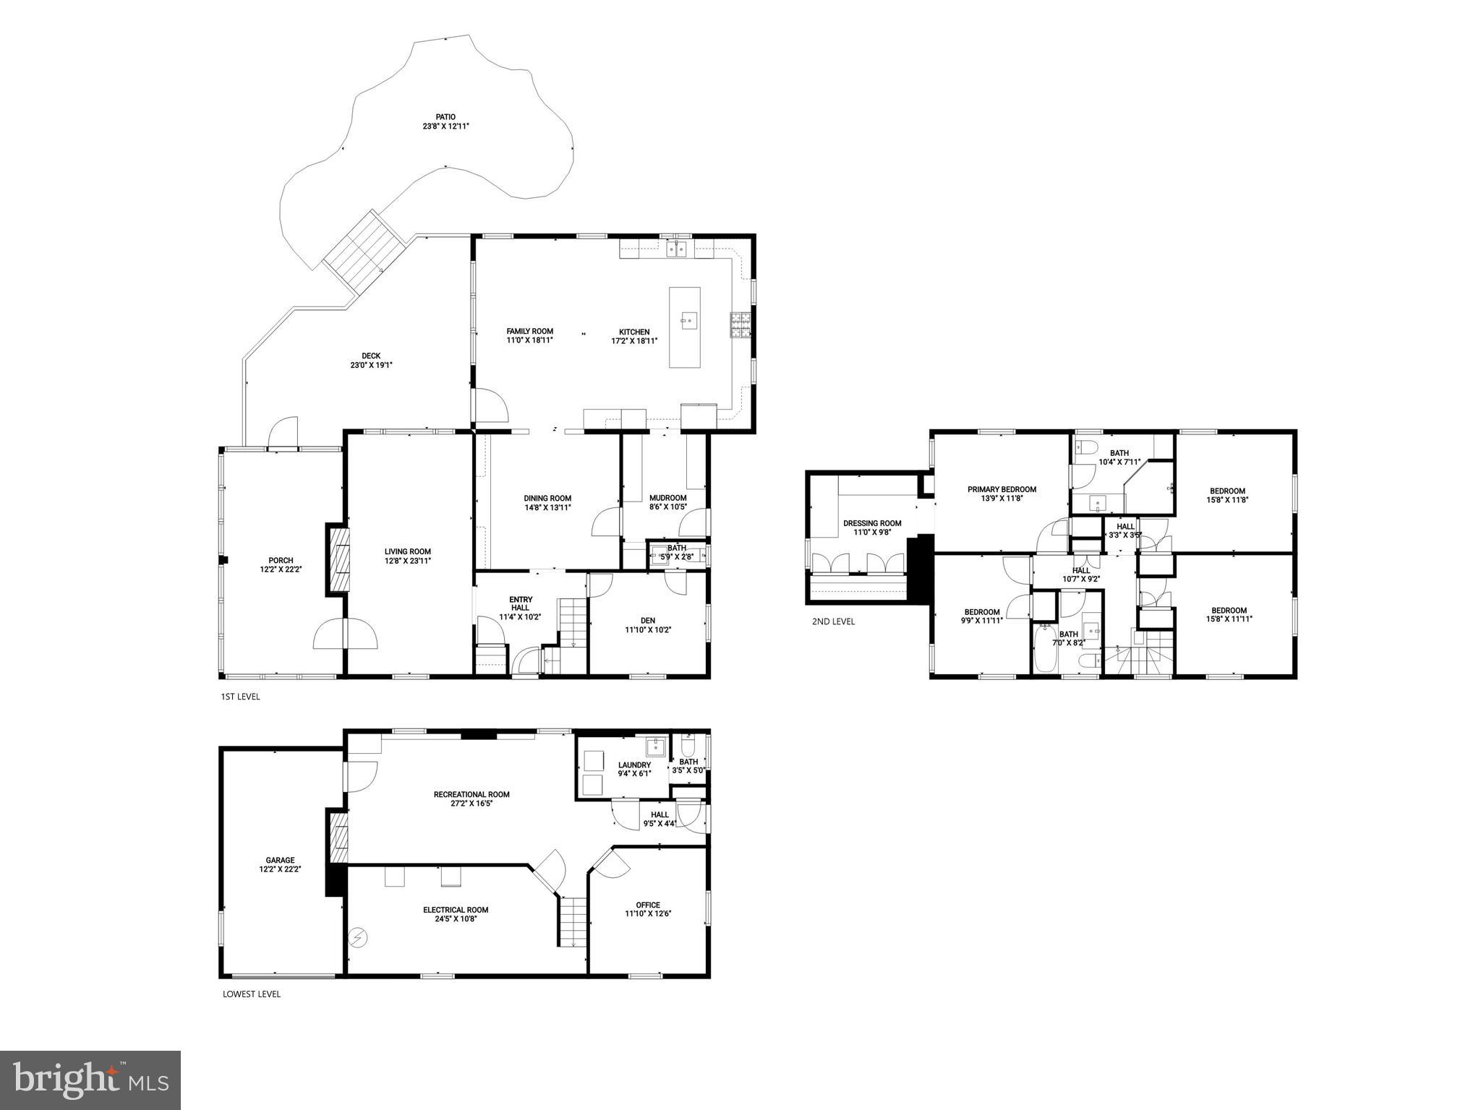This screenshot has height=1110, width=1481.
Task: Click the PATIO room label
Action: coord(445,116)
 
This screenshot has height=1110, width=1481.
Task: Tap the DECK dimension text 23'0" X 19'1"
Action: coord(371,365)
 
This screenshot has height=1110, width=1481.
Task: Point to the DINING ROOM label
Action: coord(547,498)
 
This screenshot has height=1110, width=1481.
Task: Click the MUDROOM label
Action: coord(667,498)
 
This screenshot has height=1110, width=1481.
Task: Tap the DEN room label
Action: coord(648,620)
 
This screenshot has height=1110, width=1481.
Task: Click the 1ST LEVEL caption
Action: coord(240,697)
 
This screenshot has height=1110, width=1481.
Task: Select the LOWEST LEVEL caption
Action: coord(252,994)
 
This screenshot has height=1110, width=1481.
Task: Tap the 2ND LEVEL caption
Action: coord(833,621)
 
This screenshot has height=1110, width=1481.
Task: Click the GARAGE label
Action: coord(280,860)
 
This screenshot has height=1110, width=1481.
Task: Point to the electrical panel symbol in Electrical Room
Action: coord(357,938)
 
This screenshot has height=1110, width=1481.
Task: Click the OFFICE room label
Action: coord(648,905)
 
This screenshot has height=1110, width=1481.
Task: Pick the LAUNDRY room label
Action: coord(634,765)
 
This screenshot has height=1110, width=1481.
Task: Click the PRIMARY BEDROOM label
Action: coord(1002,489)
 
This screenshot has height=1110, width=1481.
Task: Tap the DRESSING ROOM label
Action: coord(872,523)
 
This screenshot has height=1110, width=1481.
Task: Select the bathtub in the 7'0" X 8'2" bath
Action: coord(1045,648)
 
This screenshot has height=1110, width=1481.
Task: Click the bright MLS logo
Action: coord(90,1080)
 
